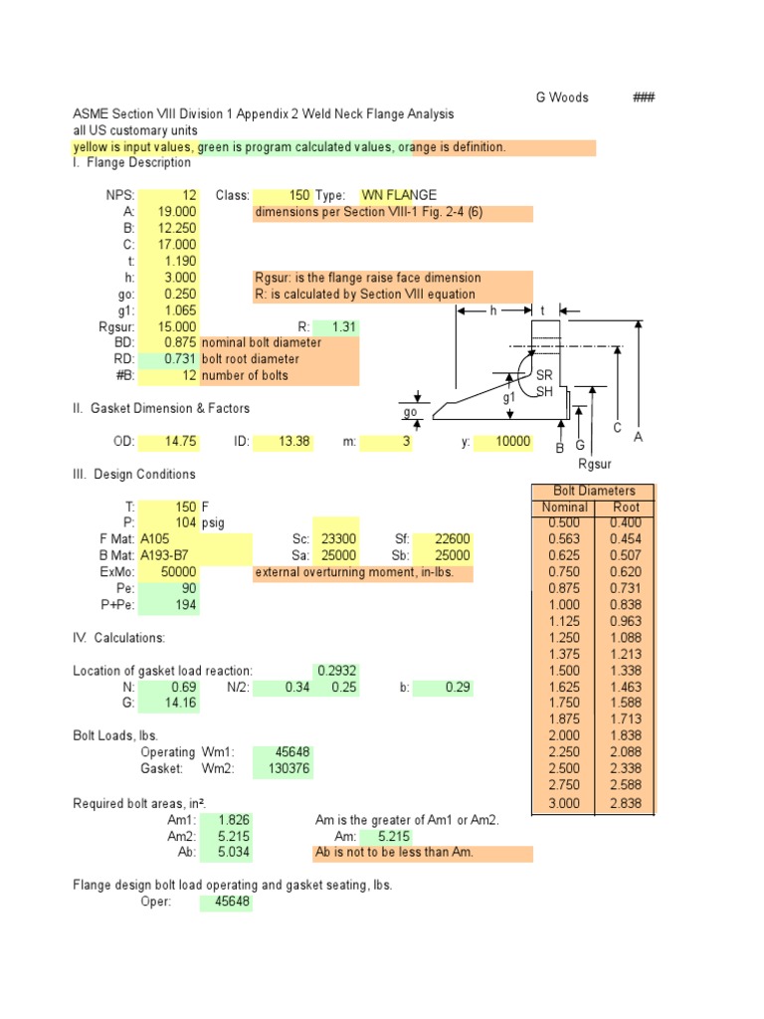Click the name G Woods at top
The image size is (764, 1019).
coord(562,98)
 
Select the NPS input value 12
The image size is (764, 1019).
coord(189,195)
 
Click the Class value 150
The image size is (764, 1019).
coord(299,195)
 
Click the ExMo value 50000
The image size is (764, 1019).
coord(178,573)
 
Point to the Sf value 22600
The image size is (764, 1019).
coord(452,540)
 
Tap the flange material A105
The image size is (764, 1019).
coord(162,540)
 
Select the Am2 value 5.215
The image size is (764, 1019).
coord(234,837)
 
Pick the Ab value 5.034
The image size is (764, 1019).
coord(234,853)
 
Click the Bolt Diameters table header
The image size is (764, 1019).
coord(594,492)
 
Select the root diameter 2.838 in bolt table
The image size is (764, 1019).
coord(626,803)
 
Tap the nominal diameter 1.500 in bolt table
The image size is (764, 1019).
coord(564,672)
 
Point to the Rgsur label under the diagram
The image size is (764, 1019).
coord(595,464)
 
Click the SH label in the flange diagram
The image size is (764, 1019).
coord(544,392)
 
